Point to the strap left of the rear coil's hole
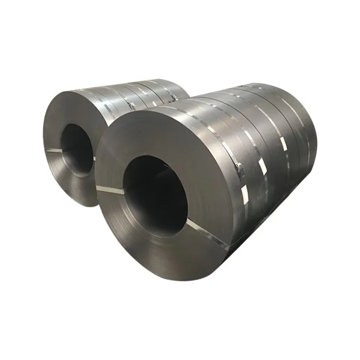pos(54,151)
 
